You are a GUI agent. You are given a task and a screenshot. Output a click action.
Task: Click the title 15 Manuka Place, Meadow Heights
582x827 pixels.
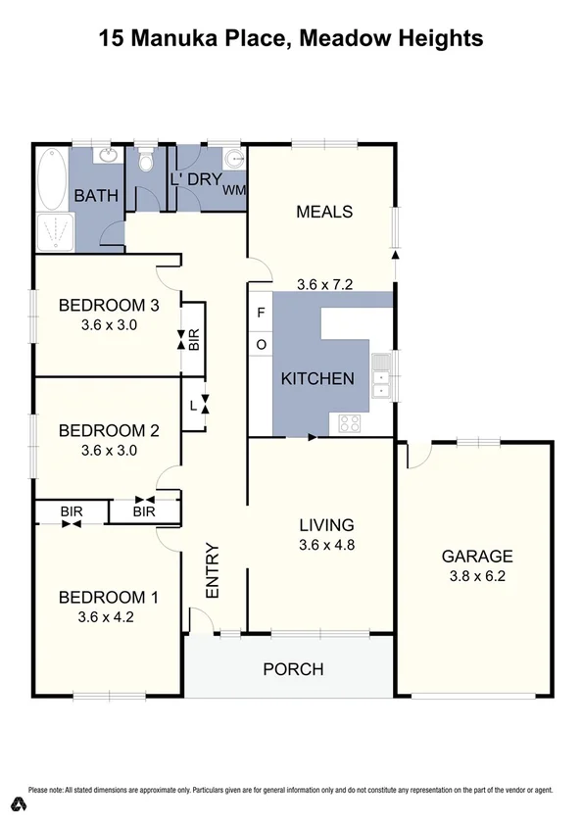click(x=291, y=39)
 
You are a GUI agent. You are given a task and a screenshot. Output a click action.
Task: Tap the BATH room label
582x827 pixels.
click(x=96, y=196)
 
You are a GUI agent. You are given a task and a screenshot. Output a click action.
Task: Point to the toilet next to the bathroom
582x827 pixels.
click(x=146, y=162)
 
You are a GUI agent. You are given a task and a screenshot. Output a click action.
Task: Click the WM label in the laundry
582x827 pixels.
click(x=234, y=189)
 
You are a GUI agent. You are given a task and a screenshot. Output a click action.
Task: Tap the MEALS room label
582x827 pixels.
click(x=323, y=212)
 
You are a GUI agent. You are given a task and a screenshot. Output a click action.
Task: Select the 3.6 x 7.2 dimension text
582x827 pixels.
click(x=323, y=285)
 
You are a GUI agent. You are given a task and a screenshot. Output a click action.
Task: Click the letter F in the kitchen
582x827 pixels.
click(x=261, y=314)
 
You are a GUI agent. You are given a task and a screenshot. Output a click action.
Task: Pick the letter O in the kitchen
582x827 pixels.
click(x=261, y=344)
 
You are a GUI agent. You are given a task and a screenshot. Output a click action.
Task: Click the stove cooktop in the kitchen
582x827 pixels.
click(x=351, y=422)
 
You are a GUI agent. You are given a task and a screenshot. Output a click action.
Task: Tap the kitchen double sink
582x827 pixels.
click(x=381, y=380)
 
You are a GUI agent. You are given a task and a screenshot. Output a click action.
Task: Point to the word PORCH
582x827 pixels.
click(x=293, y=669)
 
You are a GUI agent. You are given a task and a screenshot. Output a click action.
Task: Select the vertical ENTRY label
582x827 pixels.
click(x=212, y=570)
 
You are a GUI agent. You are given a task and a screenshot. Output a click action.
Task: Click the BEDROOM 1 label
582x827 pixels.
click(x=107, y=598)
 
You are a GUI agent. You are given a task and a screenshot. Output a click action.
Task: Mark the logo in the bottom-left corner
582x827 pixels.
click(x=16, y=804)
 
